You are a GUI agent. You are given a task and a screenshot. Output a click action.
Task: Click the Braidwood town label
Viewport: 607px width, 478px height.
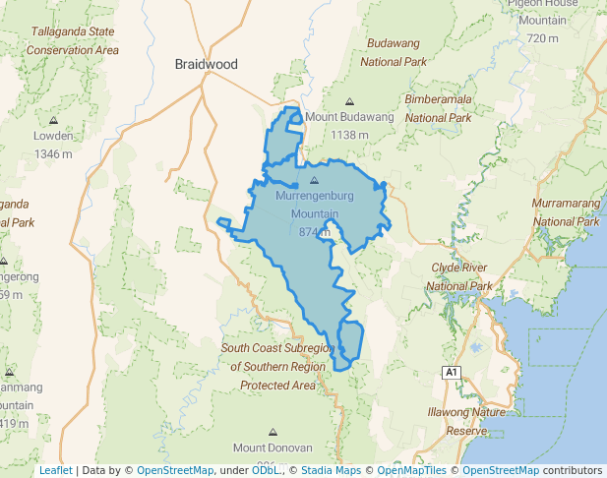[x=206, y=64]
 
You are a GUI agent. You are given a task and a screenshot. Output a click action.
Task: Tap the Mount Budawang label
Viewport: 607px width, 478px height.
[x=349, y=116]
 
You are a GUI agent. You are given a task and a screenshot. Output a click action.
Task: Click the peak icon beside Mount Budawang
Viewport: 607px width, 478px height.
[x=349, y=100]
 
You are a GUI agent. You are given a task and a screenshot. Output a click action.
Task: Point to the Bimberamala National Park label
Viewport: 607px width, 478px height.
[x=439, y=108]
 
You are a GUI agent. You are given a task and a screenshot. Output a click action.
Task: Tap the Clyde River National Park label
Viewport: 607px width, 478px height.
[x=460, y=276]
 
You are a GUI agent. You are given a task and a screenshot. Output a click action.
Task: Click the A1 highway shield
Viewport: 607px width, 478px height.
[x=451, y=372]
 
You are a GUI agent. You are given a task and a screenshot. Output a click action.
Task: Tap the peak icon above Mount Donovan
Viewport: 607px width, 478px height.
[x=273, y=431]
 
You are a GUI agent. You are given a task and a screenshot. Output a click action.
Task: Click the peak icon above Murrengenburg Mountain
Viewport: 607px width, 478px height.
[x=315, y=181]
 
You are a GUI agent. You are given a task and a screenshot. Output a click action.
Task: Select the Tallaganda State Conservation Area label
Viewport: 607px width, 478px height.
[x=74, y=40]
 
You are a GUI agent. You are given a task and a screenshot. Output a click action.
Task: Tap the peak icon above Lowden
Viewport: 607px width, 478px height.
[x=53, y=121]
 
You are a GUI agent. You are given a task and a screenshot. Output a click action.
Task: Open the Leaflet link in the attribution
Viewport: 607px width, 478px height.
[x=55, y=470]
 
